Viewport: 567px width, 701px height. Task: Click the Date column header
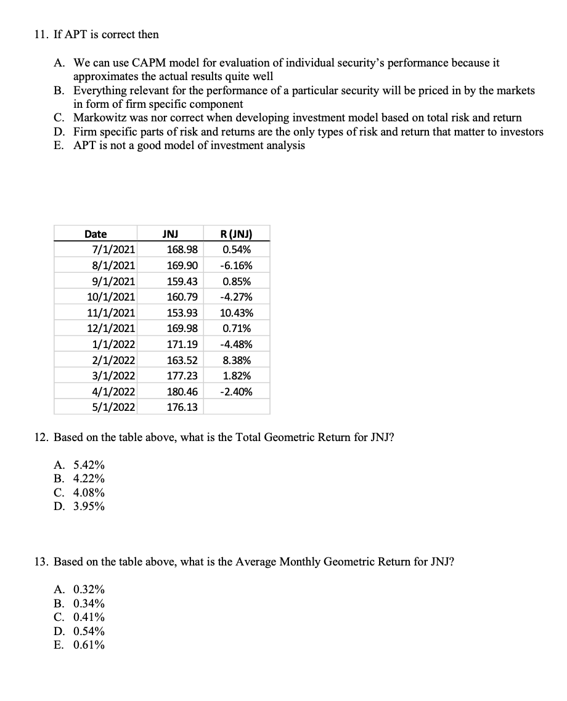(x=96, y=234)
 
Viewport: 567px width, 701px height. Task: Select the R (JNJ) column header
(x=236, y=234)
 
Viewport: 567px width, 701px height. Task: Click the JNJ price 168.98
(x=182, y=250)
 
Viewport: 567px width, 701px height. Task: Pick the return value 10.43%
(x=236, y=313)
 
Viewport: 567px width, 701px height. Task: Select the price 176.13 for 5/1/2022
(x=182, y=407)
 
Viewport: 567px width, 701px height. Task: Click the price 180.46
(x=182, y=392)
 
